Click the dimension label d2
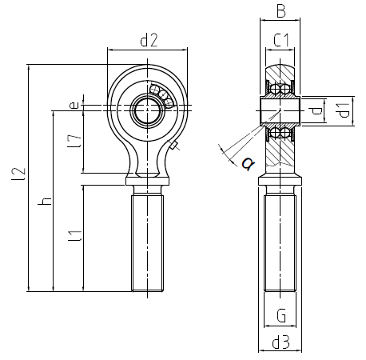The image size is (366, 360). click(x=149, y=40)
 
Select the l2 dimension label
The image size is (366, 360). click(x=18, y=174)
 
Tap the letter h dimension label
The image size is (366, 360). click(x=45, y=201)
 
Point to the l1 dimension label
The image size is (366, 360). click(x=75, y=236)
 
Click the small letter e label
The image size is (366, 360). click(x=74, y=105)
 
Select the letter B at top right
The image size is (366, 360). click(x=280, y=11)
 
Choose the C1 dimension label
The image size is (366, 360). click(x=281, y=40)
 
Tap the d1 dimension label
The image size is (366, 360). click(x=344, y=110)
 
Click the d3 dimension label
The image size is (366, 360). click(x=280, y=342)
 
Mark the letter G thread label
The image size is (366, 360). click(x=281, y=315)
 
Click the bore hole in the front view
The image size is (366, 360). click(x=147, y=110)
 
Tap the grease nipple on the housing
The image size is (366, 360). click(x=173, y=145)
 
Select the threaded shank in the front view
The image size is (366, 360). click(x=147, y=243)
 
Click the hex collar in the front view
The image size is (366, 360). click(x=147, y=181)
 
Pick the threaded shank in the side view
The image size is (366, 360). click(x=280, y=243)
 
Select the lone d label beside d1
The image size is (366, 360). click(x=316, y=110)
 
